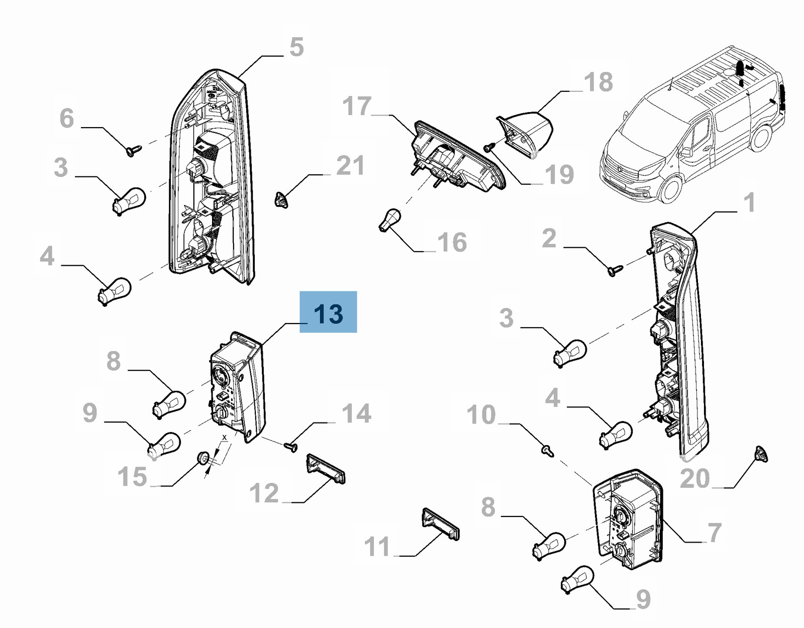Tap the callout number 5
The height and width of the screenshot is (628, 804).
[296, 47]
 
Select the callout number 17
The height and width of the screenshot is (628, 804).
[357, 107]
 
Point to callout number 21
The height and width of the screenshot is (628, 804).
[350, 166]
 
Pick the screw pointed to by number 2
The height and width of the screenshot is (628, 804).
[615, 270]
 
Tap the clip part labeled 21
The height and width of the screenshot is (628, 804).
[281, 200]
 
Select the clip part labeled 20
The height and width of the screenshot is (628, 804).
[761, 454]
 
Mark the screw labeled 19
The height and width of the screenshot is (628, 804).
[489, 147]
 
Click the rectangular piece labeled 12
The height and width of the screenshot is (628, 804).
[326, 468]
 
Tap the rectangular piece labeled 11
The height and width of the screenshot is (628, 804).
[440, 524]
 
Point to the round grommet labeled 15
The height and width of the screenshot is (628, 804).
[204, 458]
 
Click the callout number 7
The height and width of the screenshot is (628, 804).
[715, 533]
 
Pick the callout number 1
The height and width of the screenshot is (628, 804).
[749, 203]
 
